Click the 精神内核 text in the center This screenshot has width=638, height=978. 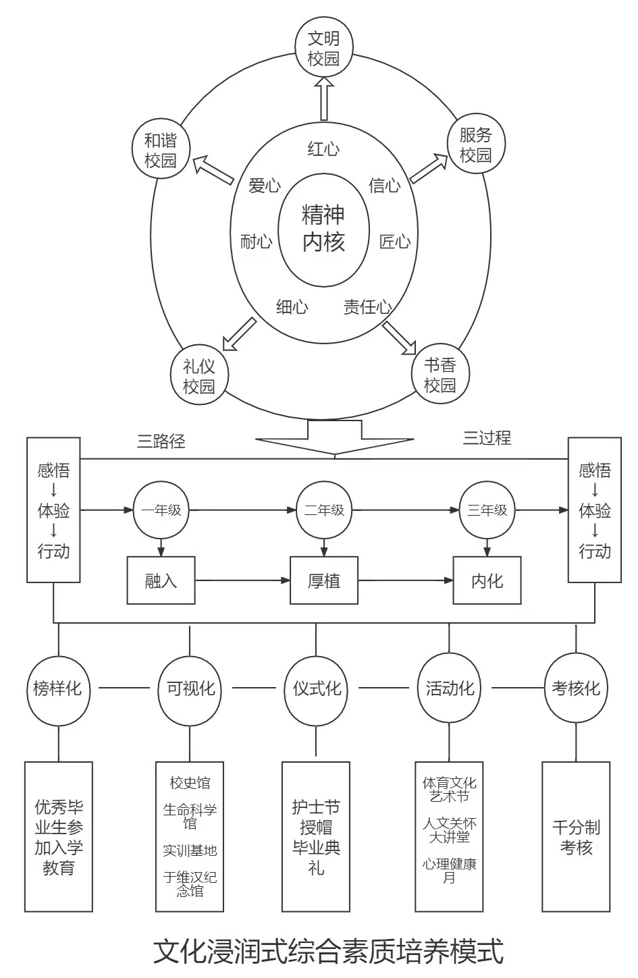323,228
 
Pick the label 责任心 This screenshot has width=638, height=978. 368,306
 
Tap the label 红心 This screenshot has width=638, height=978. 323,149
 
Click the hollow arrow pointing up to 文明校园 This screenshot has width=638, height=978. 323,99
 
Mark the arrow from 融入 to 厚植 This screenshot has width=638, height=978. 243,580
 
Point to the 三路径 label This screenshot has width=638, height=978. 161,441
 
